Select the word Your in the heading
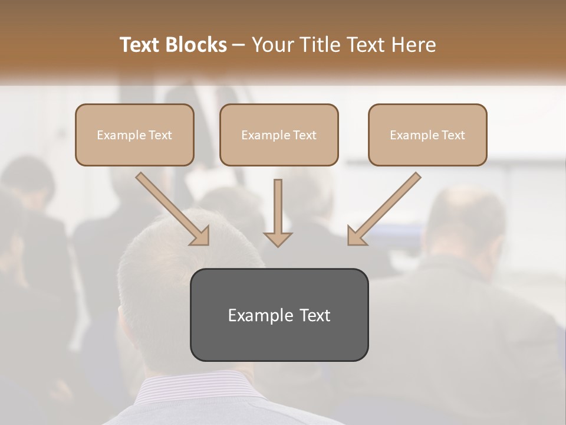pyautogui.click(x=273, y=45)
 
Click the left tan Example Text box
pyautogui.click(x=134, y=135)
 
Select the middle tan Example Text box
pyautogui.click(x=279, y=135)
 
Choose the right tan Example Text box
pyautogui.click(x=427, y=135)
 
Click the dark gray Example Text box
pyautogui.click(x=279, y=315)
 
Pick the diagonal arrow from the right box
pyautogui.click(x=384, y=209)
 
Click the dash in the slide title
pyautogui.click(x=238, y=45)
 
